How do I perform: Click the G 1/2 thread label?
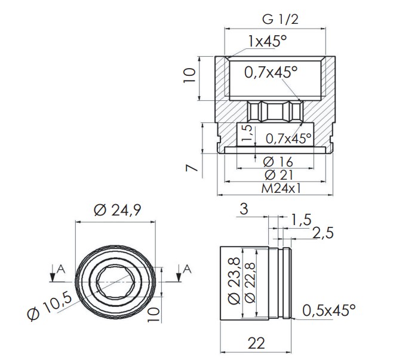(x=280, y=19)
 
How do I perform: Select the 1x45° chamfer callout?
(x=268, y=41)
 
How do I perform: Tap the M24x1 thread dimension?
(x=281, y=188)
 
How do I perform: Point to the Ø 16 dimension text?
(x=278, y=162)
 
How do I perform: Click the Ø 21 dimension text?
(x=278, y=175)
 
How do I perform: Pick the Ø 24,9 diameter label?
(x=118, y=210)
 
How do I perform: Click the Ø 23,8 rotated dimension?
(x=234, y=281)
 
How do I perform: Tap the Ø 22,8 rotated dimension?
(x=250, y=283)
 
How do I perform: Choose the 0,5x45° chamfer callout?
(x=329, y=310)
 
